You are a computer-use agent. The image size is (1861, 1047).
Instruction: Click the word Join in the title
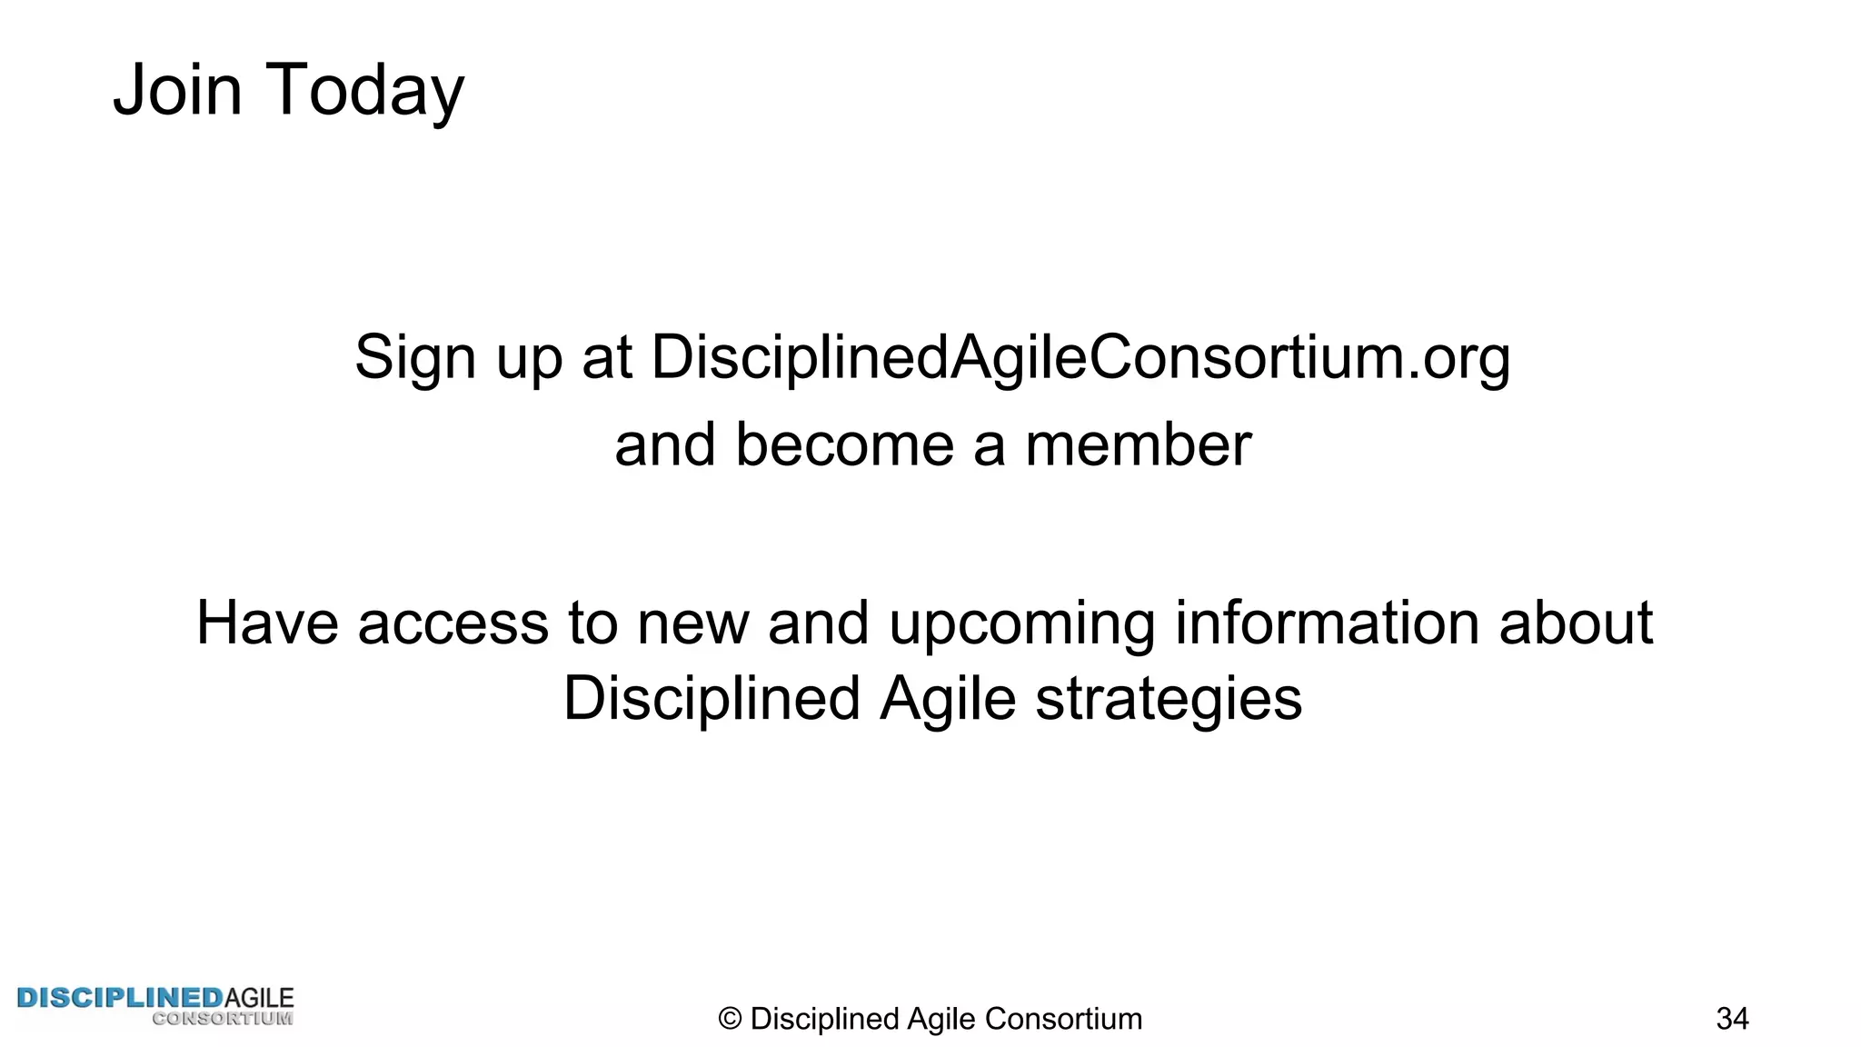[x=177, y=90]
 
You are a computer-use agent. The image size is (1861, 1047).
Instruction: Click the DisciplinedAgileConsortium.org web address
[x=1080, y=356]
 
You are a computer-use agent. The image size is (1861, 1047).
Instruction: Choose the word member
[x=1138, y=444]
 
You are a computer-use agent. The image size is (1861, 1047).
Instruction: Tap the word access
[x=453, y=623]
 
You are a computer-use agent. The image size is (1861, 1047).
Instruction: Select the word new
[x=693, y=623]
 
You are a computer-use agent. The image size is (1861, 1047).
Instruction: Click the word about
[x=1575, y=623]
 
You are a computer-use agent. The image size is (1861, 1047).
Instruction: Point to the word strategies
[x=1169, y=700]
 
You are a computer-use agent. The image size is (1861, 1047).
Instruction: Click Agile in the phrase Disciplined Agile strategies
[x=947, y=699]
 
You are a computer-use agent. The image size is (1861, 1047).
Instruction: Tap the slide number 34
[x=1732, y=1019]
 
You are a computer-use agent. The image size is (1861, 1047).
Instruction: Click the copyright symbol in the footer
[x=730, y=1019]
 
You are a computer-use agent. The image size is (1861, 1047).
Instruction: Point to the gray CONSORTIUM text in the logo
[x=223, y=1019]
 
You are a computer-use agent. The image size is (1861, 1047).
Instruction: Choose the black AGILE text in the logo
[x=259, y=998]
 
